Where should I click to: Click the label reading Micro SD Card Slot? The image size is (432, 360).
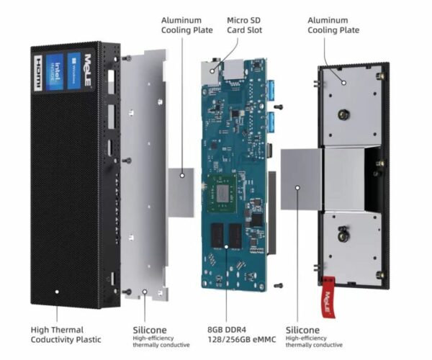click(x=246, y=25)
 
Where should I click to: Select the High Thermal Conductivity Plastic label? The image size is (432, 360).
click(x=66, y=334)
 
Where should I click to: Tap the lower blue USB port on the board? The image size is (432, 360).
click(x=274, y=122)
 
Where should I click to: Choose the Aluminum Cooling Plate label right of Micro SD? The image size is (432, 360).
click(x=333, y=25)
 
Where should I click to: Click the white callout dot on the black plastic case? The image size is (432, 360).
click(x=56, y=293)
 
